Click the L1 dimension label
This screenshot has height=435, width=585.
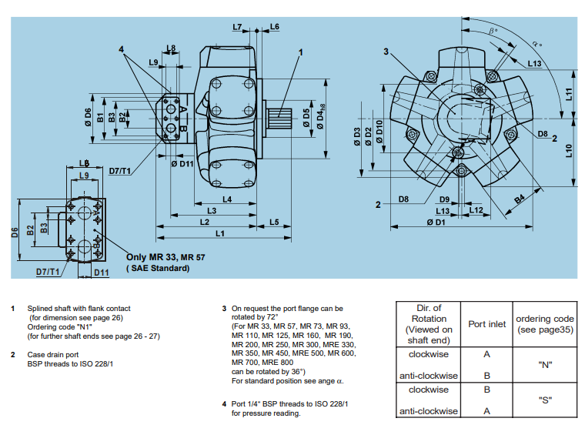point(219,233)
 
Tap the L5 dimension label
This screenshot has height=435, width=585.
point(273,222)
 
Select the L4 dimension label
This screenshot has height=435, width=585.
point(228,199)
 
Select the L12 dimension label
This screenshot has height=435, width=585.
point(475,210)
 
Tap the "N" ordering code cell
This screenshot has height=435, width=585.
point(544,365)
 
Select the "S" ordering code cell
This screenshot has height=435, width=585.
point(544,400)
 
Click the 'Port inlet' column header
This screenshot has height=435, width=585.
point(486,323)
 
